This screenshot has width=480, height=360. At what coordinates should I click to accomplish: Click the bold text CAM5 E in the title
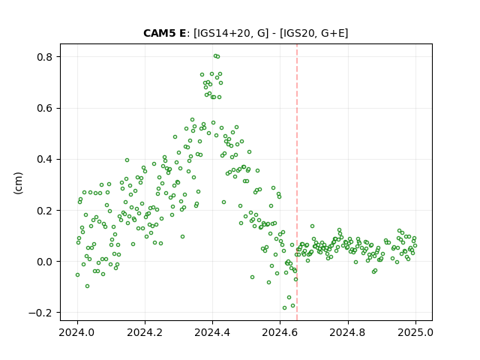pos(164,33)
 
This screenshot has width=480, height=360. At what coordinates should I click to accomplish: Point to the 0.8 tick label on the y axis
pos(45,57)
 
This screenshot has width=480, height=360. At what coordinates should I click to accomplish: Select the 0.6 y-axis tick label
pos(45,108)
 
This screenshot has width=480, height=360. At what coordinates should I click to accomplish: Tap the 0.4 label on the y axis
pos(45,160)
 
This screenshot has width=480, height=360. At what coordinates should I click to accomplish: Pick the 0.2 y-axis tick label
pos(45,211)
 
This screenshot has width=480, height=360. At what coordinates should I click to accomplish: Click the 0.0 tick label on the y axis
pos(45,262)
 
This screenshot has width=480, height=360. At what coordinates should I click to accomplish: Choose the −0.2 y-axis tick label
pos(40,313)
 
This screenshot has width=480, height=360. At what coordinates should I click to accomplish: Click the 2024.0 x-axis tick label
pos(77,332)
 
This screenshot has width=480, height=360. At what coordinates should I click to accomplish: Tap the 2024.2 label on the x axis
pos(145,332)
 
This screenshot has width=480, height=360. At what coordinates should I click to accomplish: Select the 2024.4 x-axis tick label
pos(212,332)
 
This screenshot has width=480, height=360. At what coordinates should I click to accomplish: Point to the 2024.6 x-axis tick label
pos(280,332)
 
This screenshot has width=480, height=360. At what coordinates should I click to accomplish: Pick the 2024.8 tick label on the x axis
pos(348,332)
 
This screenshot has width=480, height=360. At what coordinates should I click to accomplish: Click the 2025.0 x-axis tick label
pos(415,332)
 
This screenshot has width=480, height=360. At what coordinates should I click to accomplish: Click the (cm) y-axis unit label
pos(18,183)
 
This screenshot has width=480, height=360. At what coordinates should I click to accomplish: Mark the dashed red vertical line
pos(297,182)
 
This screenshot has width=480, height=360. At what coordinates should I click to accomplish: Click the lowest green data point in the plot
pos(285,308)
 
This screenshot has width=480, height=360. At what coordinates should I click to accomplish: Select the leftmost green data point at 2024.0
pos(77,275)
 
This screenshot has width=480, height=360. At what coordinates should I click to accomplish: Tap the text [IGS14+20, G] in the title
pos(231,33)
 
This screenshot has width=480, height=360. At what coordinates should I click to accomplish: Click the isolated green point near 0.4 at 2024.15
pos(127,160)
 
